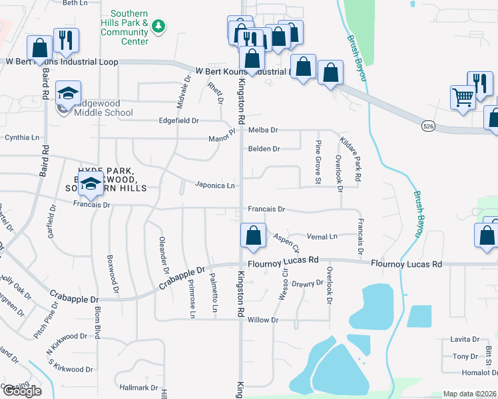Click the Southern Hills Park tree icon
[x=158, y=27]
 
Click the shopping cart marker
[x=463, y=97]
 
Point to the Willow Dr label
[x=262, y=320]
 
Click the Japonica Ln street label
[x=215, y=186]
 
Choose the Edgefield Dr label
[x=178, y=120]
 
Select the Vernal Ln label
[x=322, y=236]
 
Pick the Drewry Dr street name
[x=308, y=283]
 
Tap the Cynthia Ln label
[x=22, y=138]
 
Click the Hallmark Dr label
[x=139, y=387]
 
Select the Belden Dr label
[x=264, y=149]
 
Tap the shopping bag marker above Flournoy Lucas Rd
[x=253, y=235]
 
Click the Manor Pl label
[x=222, y=137]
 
